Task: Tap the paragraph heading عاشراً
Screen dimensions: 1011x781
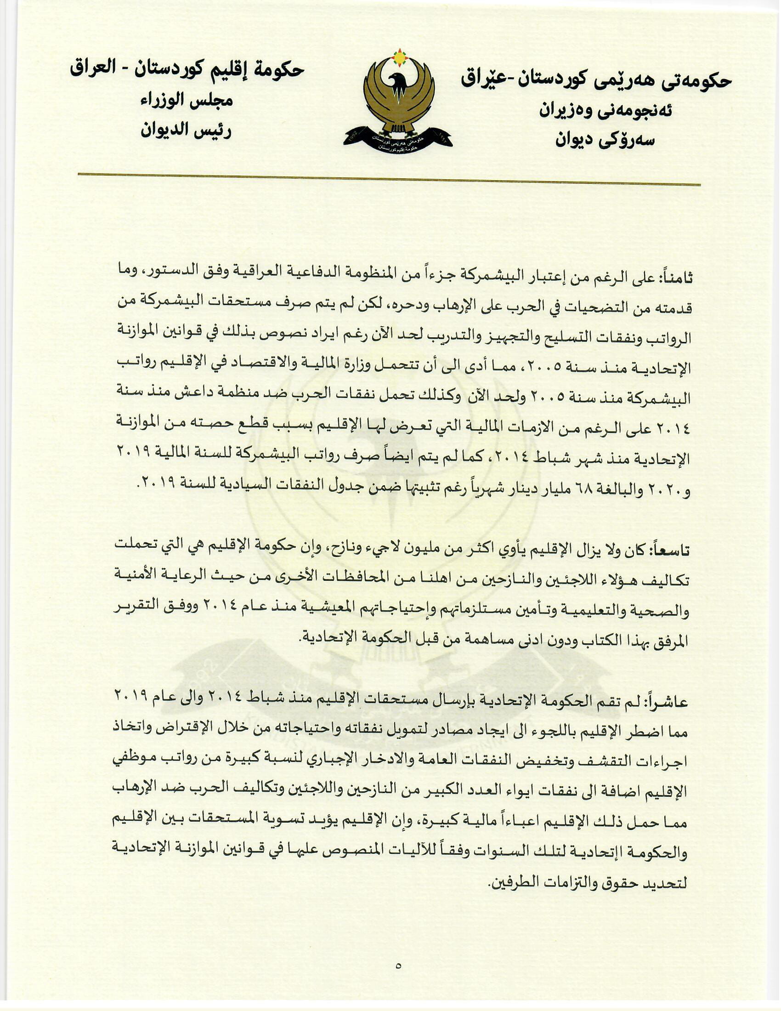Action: coord(669,702)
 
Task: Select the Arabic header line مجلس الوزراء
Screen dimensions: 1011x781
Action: coord(187,101)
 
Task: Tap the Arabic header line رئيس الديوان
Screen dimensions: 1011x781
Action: coord(187,131)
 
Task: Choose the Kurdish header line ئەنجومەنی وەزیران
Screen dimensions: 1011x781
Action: coord(606,111)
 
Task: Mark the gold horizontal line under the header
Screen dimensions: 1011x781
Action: coord(389,180)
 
